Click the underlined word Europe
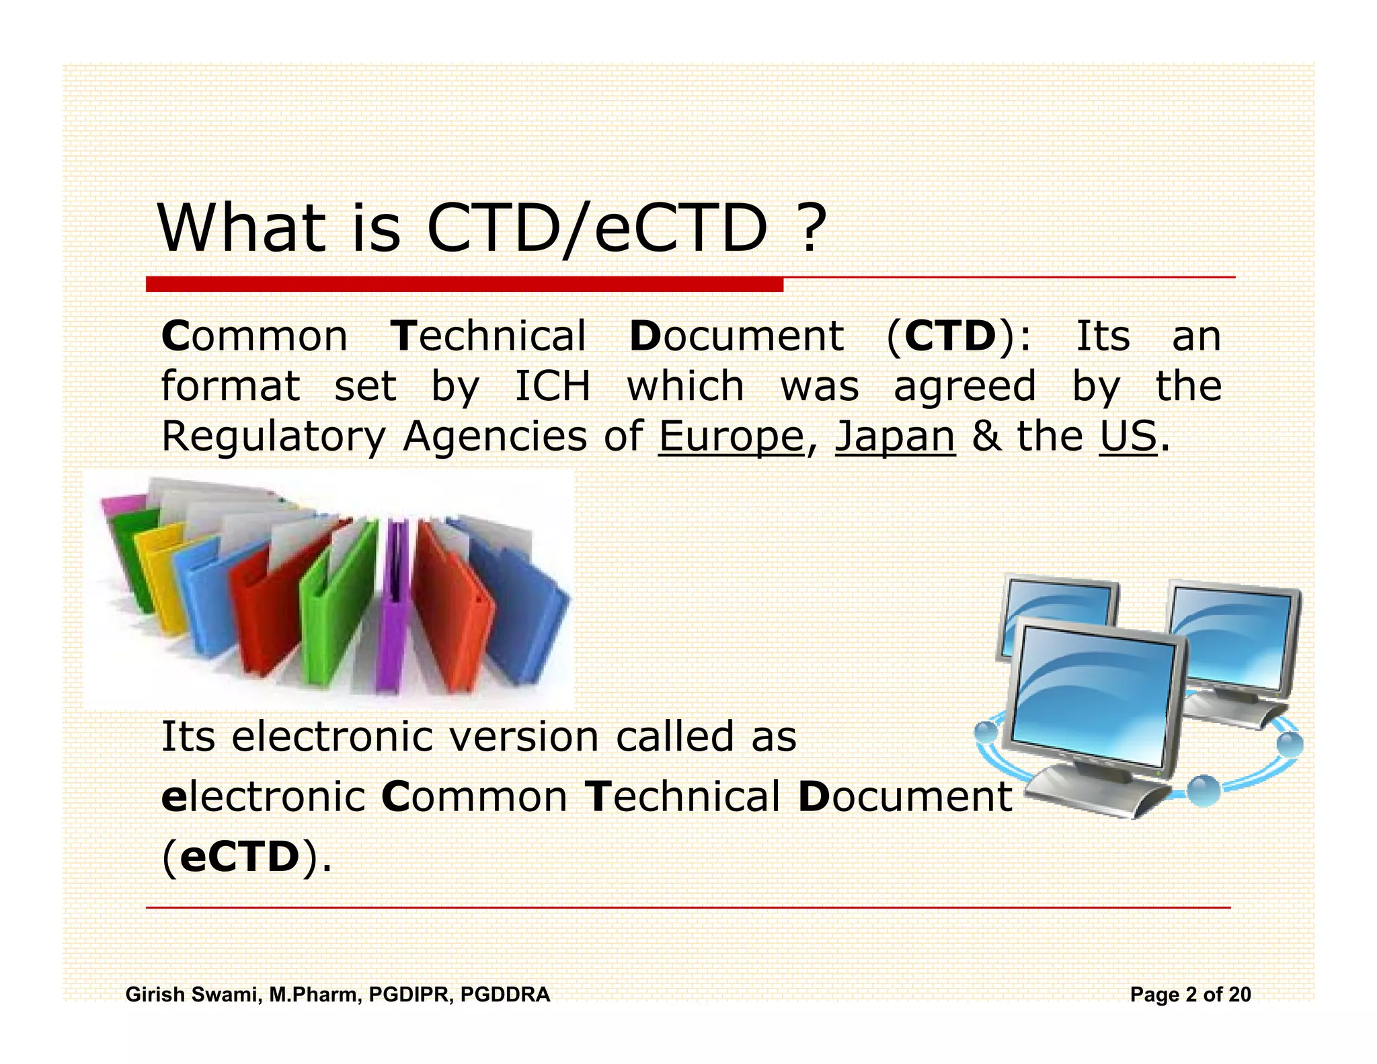[x=731, y=436]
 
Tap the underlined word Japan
[x=895, y=436]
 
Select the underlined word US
[x=1128, y=436]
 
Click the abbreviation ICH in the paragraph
[x=553, y=386]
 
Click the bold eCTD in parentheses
[x=239, y=857]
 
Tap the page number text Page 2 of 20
[x=1190, y=994]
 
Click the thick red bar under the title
[x=464, y=284]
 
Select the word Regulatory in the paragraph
[x=273, y=436]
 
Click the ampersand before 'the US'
[x=986, y=436]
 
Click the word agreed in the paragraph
[x=964, y=386]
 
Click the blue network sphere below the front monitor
[x=1203, y=791]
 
